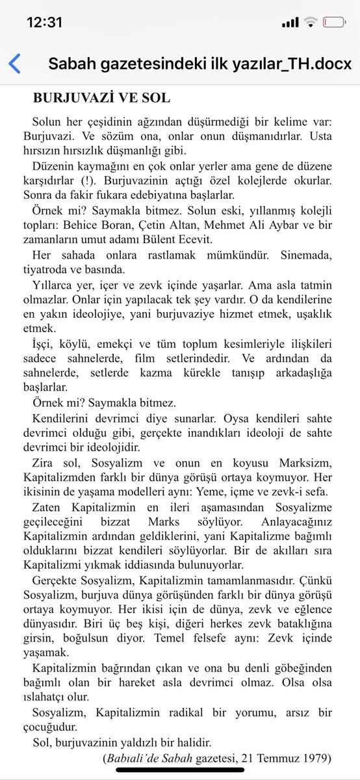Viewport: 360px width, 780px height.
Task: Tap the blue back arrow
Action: [x=14, y=64]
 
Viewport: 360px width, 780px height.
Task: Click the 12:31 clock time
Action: [x=44, y=21]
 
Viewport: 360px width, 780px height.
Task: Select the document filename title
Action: [x=199, y=64]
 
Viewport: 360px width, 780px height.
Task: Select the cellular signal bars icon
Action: [x=290, y=22]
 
